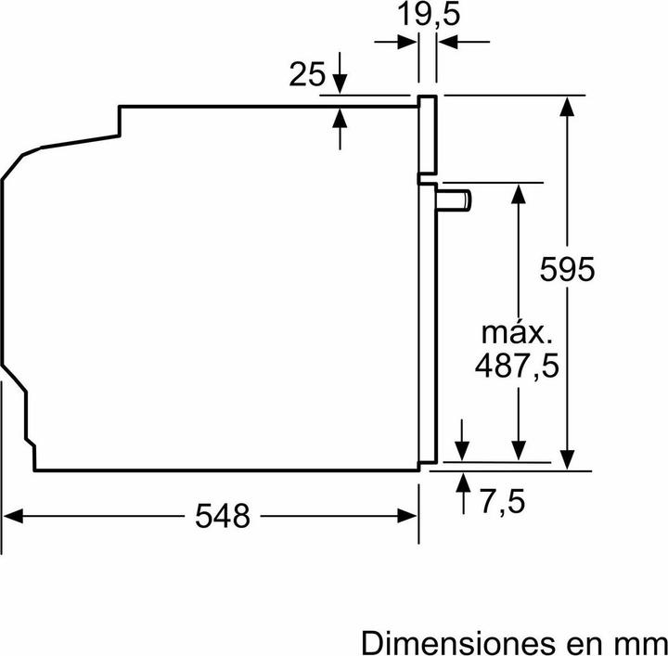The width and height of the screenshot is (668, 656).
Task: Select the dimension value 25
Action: pyautogui.click(x=307, y=75)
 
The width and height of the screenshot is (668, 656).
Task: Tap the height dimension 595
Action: pyautogui.click(x=566, y=270)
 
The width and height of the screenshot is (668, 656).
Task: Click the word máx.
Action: pyautogui.click(x=516, y=331)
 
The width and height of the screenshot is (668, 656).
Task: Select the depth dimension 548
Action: pyautogui.click(x=224, y=515)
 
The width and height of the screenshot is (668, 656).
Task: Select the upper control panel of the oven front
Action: pyautogui.click(x=428, y=135)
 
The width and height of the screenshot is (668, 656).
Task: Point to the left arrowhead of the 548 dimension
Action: pyautogui.click(x=13, y=515)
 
